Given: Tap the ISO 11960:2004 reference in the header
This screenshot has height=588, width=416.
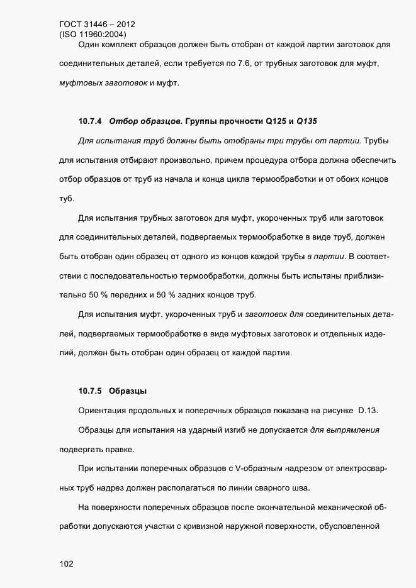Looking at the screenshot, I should coord(92,35).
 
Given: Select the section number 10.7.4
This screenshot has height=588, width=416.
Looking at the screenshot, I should coord(90,120).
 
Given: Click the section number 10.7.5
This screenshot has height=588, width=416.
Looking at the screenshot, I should coord(90,391).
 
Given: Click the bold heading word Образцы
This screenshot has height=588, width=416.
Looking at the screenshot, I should coord(128,391).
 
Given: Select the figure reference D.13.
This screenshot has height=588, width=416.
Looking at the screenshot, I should coord(368,411).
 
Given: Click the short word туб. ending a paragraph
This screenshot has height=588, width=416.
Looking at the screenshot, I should coord(67,199).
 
